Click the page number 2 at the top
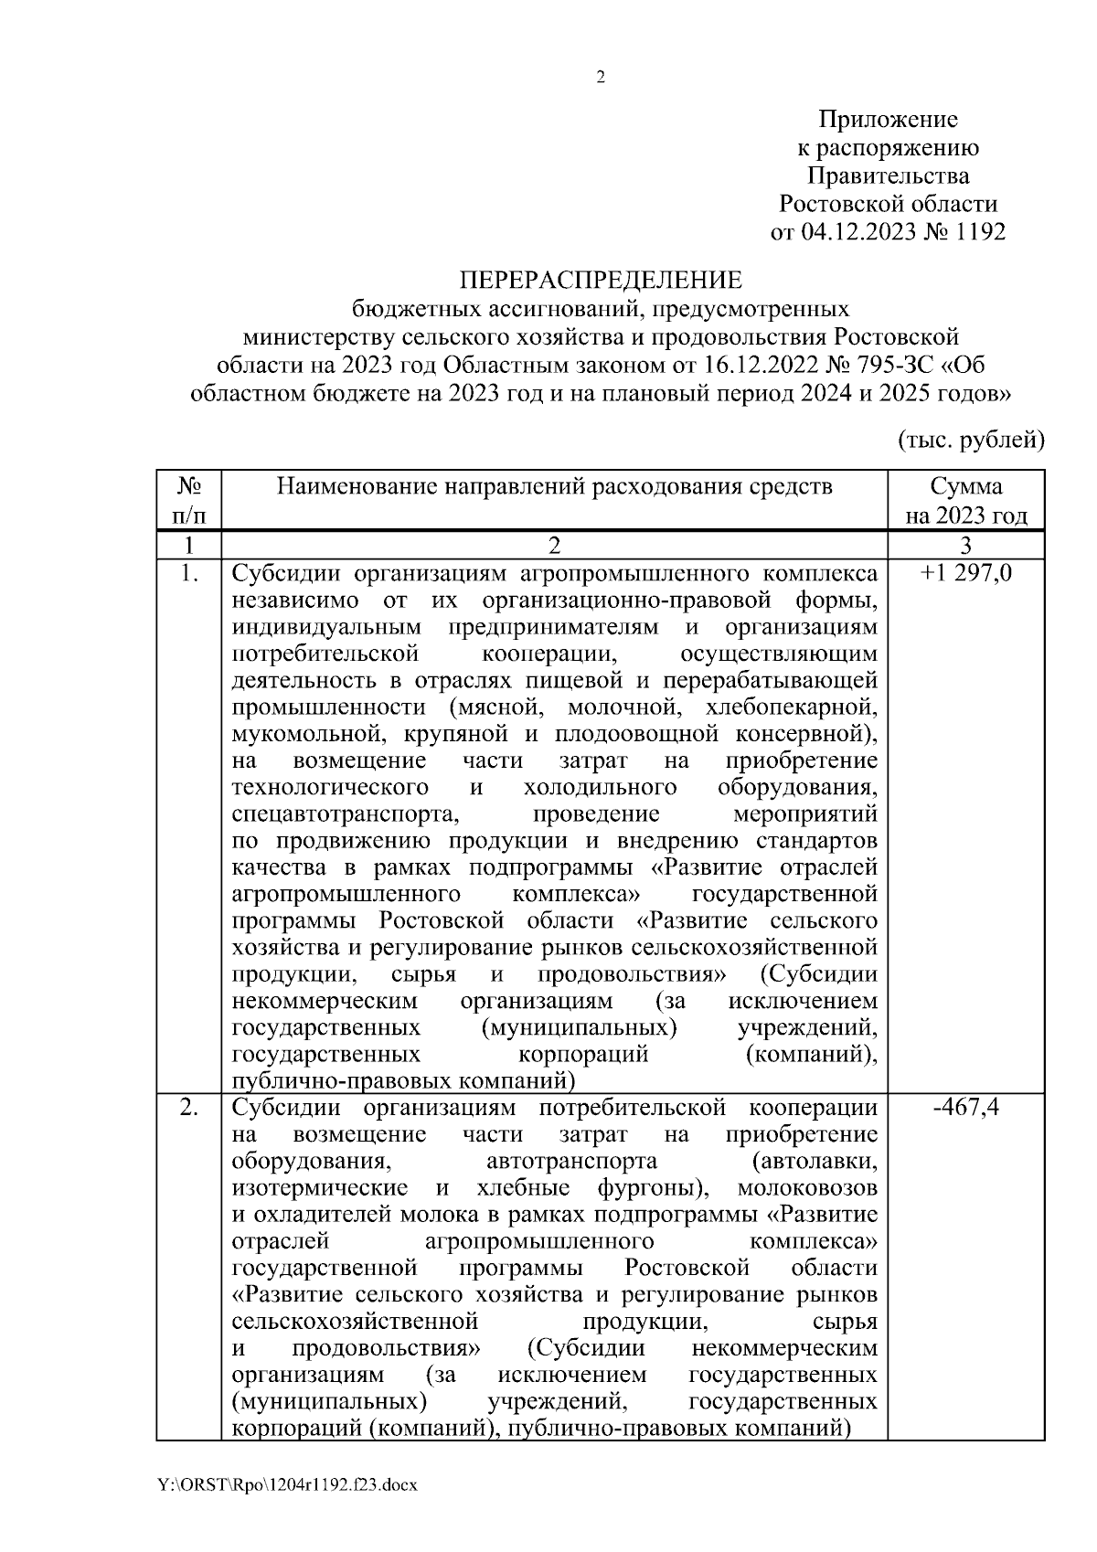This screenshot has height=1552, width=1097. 601,79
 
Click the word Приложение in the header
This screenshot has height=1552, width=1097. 888,120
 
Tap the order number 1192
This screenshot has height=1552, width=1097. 980,232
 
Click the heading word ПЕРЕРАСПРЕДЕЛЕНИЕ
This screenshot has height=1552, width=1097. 600,280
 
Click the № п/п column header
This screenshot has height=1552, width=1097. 189,500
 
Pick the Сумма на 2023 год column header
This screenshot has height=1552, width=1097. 966,500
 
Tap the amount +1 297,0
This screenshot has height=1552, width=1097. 966,574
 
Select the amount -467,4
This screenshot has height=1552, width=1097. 966,1108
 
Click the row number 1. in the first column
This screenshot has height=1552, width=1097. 189,574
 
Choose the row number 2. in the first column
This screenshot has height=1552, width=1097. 189,1108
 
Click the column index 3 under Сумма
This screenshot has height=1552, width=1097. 966,546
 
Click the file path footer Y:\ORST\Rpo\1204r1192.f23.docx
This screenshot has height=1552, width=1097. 286,1486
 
